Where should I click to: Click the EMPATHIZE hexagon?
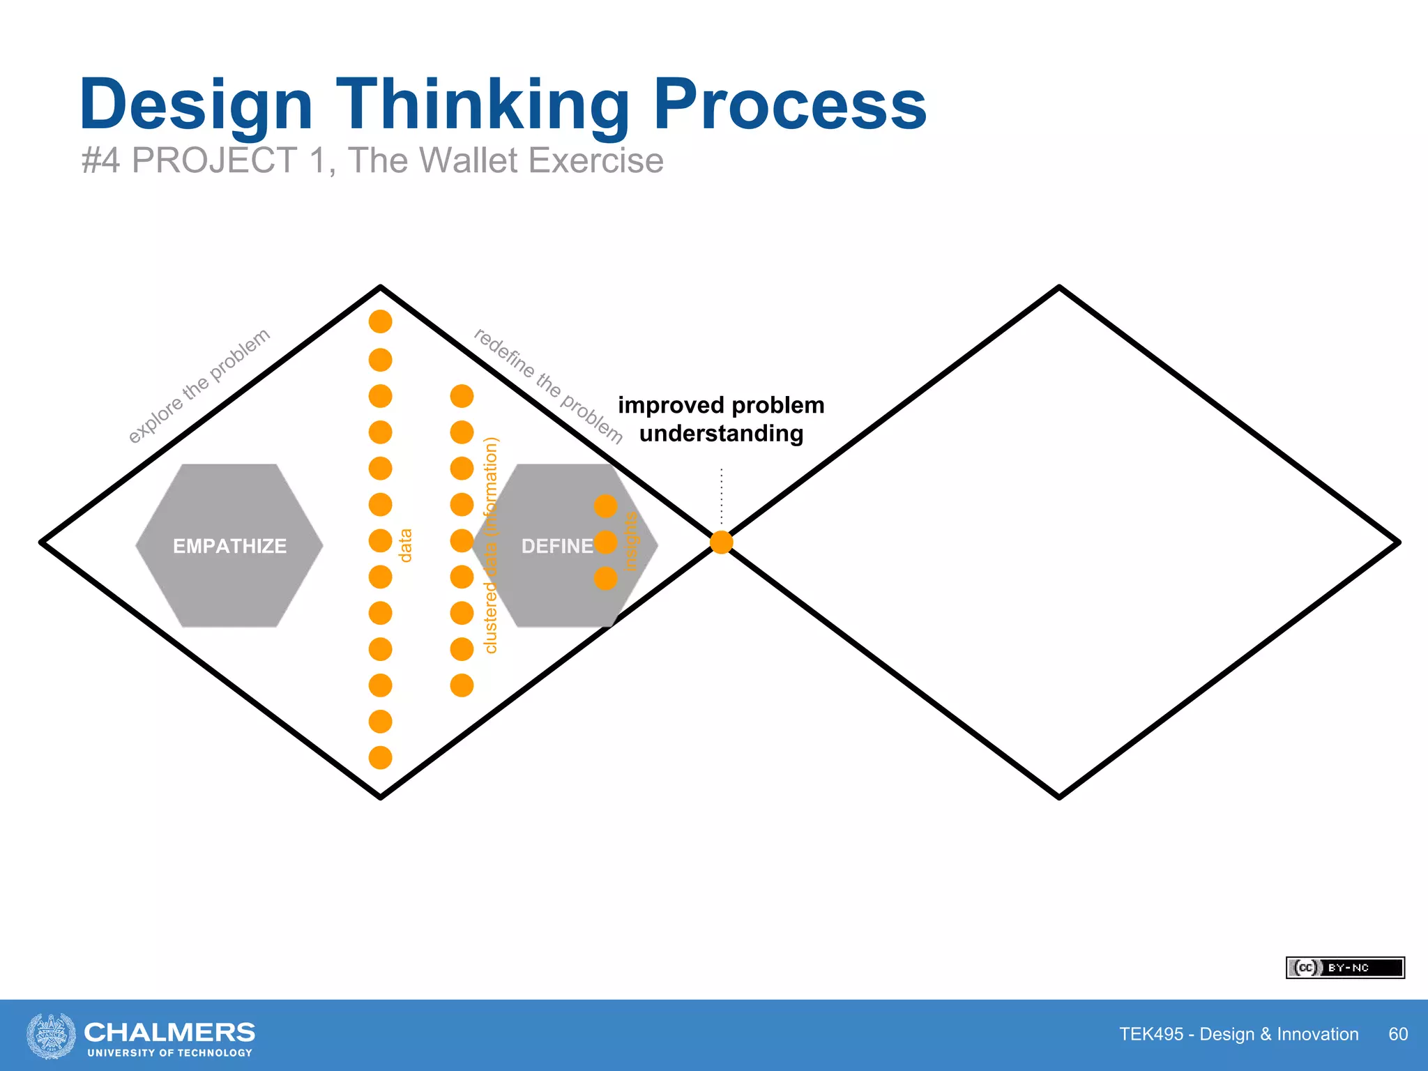coord(229,545)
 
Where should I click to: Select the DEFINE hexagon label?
coord(557,546)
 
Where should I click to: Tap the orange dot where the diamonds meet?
coord(721,542)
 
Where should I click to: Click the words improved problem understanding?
coord(721,419)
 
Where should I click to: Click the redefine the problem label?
coord(548,385)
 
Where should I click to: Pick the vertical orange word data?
coord(405,545)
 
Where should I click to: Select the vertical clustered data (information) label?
coord(491,545)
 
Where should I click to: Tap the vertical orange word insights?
coord(630,542)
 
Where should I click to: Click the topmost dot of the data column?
coord(380,321)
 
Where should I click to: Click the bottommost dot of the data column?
coord(380,757)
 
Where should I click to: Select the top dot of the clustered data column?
coord(462,396)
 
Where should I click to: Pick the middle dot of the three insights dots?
coord(605,542)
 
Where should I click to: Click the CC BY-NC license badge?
coord(1344,968)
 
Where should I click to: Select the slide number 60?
coord(1397,1034)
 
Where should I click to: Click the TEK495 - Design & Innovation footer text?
coord(1238,1034)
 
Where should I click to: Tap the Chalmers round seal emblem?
coord(51,1035)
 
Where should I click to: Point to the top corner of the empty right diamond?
coord(1059,287)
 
